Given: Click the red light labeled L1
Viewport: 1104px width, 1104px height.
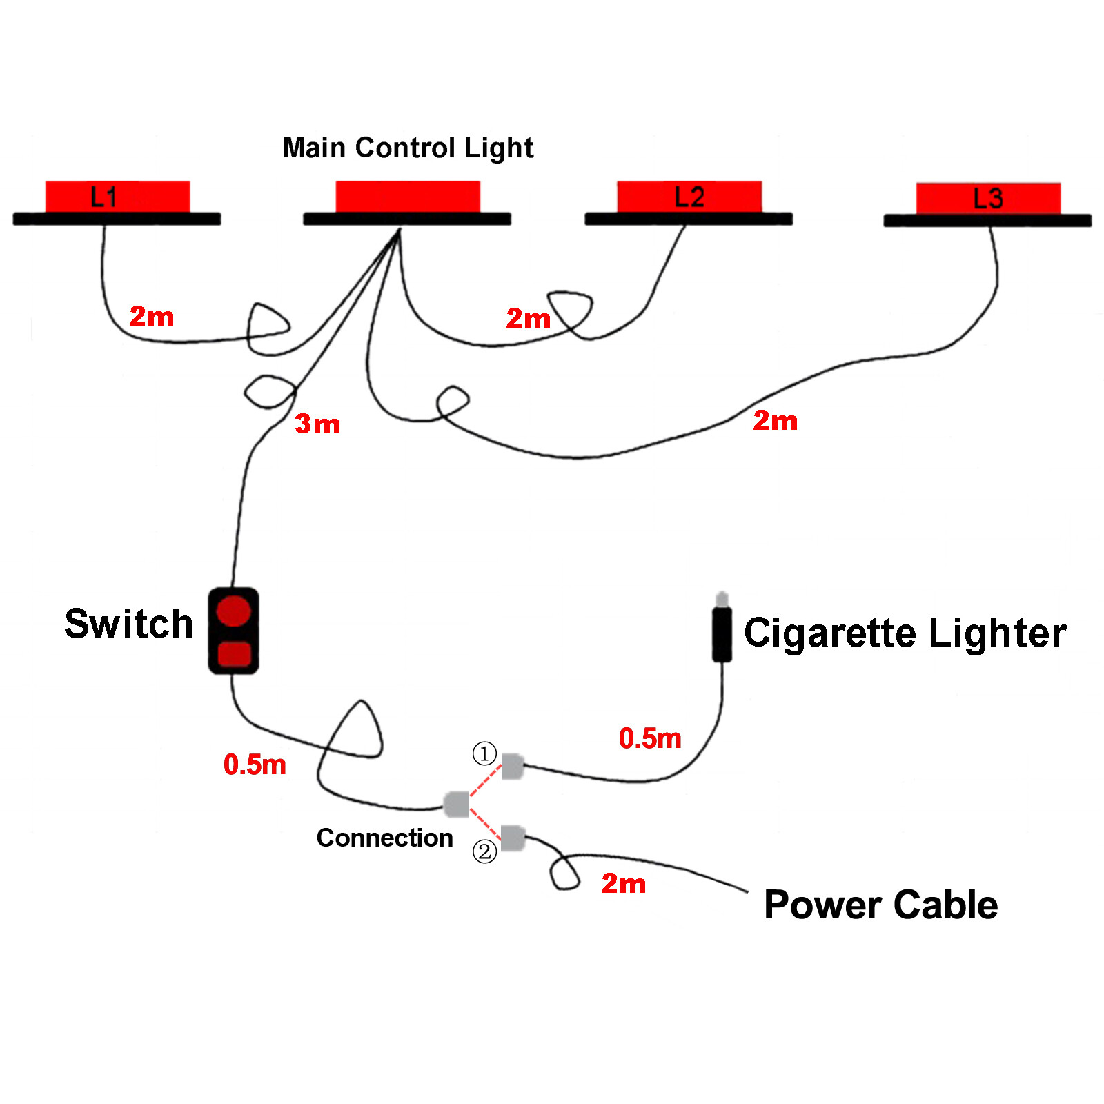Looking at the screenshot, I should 117,197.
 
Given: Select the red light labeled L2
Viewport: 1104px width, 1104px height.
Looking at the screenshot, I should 689,197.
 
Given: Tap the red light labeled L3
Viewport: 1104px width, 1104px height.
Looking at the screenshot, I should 988,199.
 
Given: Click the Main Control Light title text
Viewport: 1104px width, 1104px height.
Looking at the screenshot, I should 408,148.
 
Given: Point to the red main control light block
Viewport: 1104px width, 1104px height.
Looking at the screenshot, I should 408,197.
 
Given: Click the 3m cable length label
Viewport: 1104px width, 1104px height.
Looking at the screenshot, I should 317,424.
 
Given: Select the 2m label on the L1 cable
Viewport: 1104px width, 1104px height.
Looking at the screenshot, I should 152,317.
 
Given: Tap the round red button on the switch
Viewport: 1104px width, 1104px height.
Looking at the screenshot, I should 233,611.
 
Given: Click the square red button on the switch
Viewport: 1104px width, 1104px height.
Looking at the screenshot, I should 234,653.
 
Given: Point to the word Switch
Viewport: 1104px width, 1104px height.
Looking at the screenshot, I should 128,624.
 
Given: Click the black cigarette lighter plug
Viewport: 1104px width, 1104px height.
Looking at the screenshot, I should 722,631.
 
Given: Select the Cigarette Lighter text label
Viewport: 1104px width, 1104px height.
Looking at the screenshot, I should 905,633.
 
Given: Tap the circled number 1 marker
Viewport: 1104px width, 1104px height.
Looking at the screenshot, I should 484,753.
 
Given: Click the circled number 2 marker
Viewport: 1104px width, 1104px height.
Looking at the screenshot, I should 484,851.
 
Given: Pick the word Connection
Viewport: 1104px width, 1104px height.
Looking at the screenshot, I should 384,838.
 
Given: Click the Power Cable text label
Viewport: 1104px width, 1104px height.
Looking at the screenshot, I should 880,905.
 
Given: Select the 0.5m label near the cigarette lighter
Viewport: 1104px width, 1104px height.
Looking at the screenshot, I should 650,738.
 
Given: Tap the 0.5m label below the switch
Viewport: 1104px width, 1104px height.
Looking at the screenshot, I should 255,765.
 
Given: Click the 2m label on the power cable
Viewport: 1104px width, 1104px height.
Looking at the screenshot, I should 623,883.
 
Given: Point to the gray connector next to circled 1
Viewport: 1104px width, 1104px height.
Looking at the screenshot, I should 512,767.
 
